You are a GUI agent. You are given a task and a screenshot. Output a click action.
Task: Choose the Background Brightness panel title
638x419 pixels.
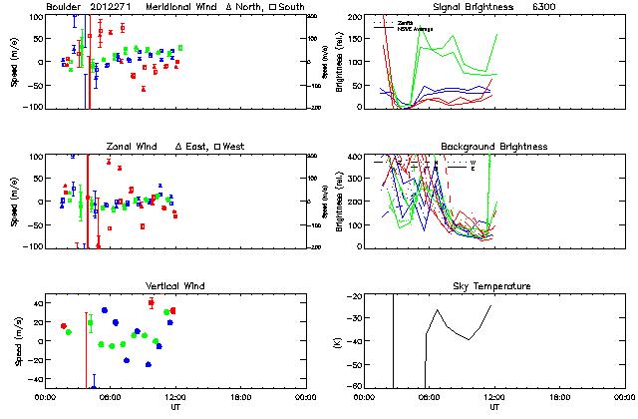pyautogui.click(x=493, y=147)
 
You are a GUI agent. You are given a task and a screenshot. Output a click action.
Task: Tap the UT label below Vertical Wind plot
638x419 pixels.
pyautogui.click(x=174, y=407)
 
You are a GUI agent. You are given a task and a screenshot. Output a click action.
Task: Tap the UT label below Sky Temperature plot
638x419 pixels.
pyautogui.click(x=494, y=407)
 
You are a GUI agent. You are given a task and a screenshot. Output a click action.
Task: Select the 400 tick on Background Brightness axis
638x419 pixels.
pyautogui.click(x=353, y=158)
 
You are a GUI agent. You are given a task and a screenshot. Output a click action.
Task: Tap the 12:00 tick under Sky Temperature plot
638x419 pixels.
pyautogui.click(x=494, y=397)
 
